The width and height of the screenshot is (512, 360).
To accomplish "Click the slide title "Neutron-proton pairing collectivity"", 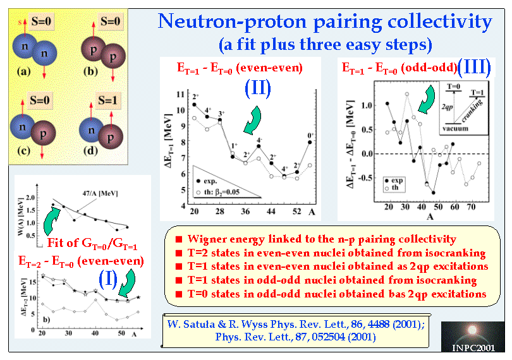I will coord(325,23).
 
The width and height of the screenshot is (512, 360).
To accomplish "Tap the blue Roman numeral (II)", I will coord(258,87).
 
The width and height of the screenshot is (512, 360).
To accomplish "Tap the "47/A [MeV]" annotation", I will coord(103,193).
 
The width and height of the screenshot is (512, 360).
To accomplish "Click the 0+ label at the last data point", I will coord(309,135).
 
